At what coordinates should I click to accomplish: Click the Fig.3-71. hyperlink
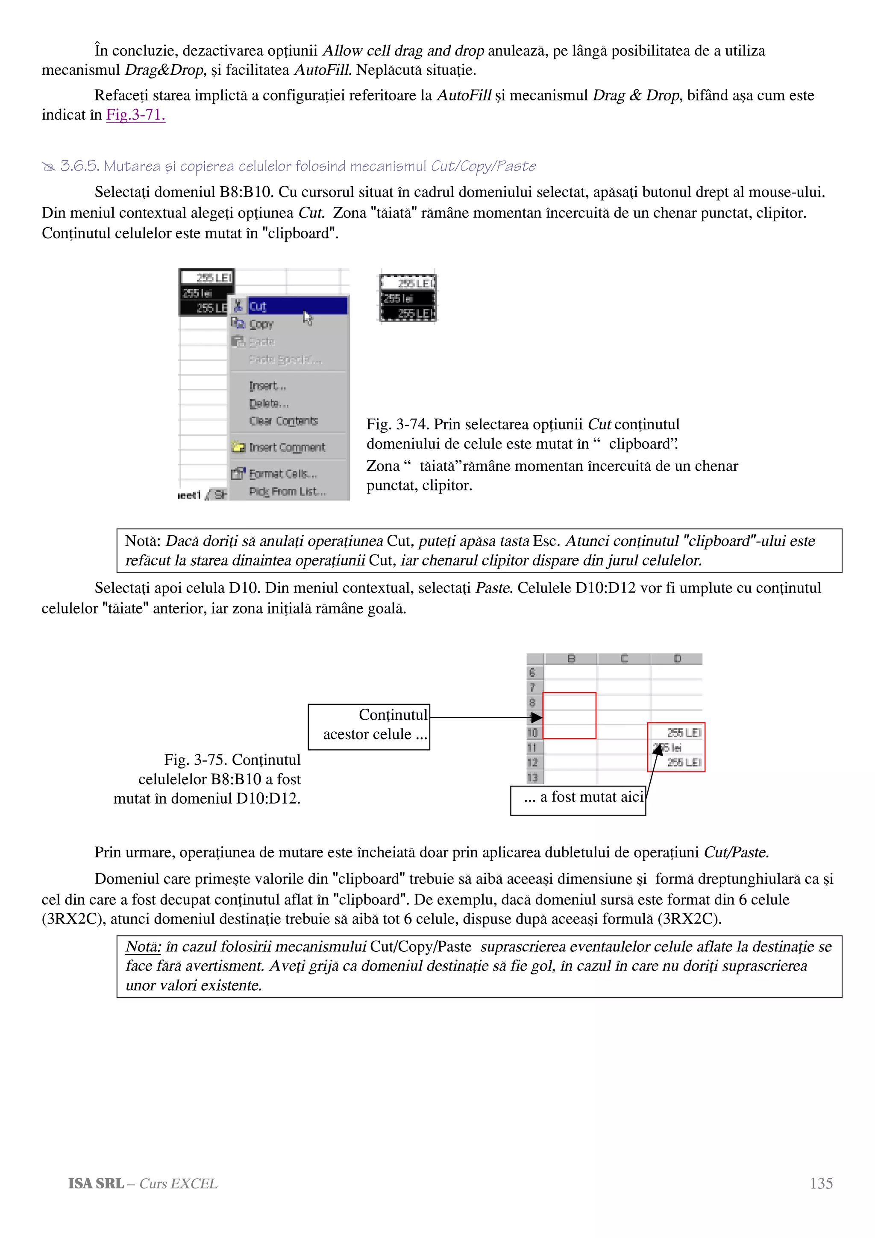click(135, 115)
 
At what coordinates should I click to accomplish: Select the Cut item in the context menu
click(258, 307)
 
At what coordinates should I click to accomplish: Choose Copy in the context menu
click(261, 324)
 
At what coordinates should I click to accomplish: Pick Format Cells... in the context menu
click(283, 474)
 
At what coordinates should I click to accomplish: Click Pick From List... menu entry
click(288, 492)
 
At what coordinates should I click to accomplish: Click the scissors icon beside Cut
click(238, 306)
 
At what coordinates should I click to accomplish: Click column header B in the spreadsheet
click(571, 658)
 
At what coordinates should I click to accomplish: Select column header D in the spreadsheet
click(677, 658)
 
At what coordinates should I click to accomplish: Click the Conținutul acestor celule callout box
click(369, 726)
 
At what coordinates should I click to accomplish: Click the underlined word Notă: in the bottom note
click(143, 946)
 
